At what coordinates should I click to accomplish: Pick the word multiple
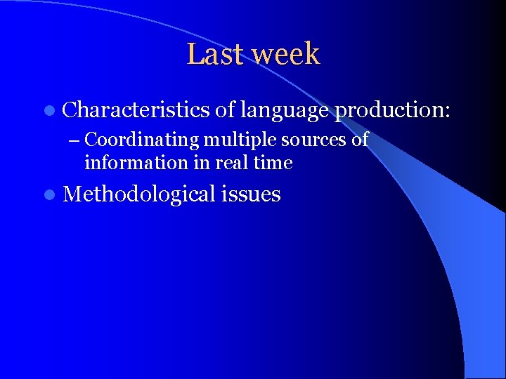tap(241, 140)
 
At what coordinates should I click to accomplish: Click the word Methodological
tap(141, 194)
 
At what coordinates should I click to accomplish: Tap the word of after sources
tap(360, 140)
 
